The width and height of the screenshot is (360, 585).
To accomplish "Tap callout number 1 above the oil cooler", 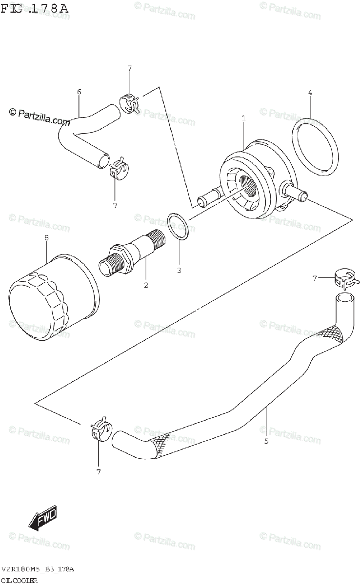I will pos(243,118).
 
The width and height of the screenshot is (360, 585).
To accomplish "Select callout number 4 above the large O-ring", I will pos(310,93).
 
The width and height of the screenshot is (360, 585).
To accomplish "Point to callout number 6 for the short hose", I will pos(79,91).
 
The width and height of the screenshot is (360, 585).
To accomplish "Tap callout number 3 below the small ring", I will pos(179,270).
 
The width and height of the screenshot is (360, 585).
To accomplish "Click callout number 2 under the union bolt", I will pos(146,285).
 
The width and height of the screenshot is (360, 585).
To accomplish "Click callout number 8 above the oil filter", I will pos(46,238).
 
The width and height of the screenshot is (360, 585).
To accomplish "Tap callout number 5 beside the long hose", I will pos(266,441).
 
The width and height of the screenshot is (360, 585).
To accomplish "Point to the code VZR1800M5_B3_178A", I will pos(38,569).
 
